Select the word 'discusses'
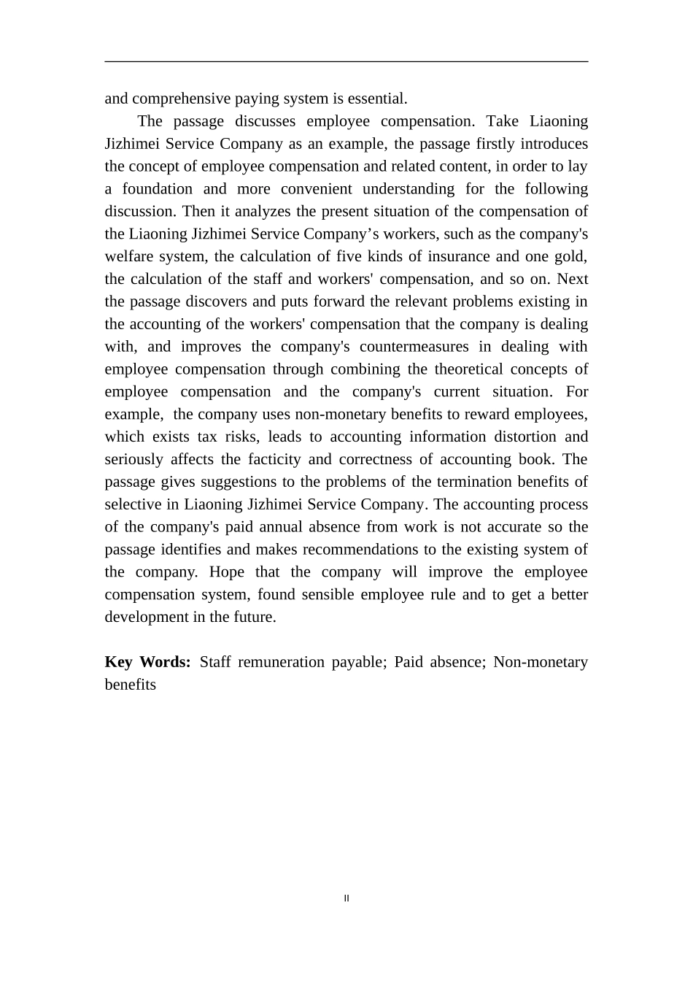265,121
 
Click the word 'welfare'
130,257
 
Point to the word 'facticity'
274,460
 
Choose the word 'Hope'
227,572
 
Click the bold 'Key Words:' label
147,663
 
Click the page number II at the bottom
346,899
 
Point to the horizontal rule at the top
346,62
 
